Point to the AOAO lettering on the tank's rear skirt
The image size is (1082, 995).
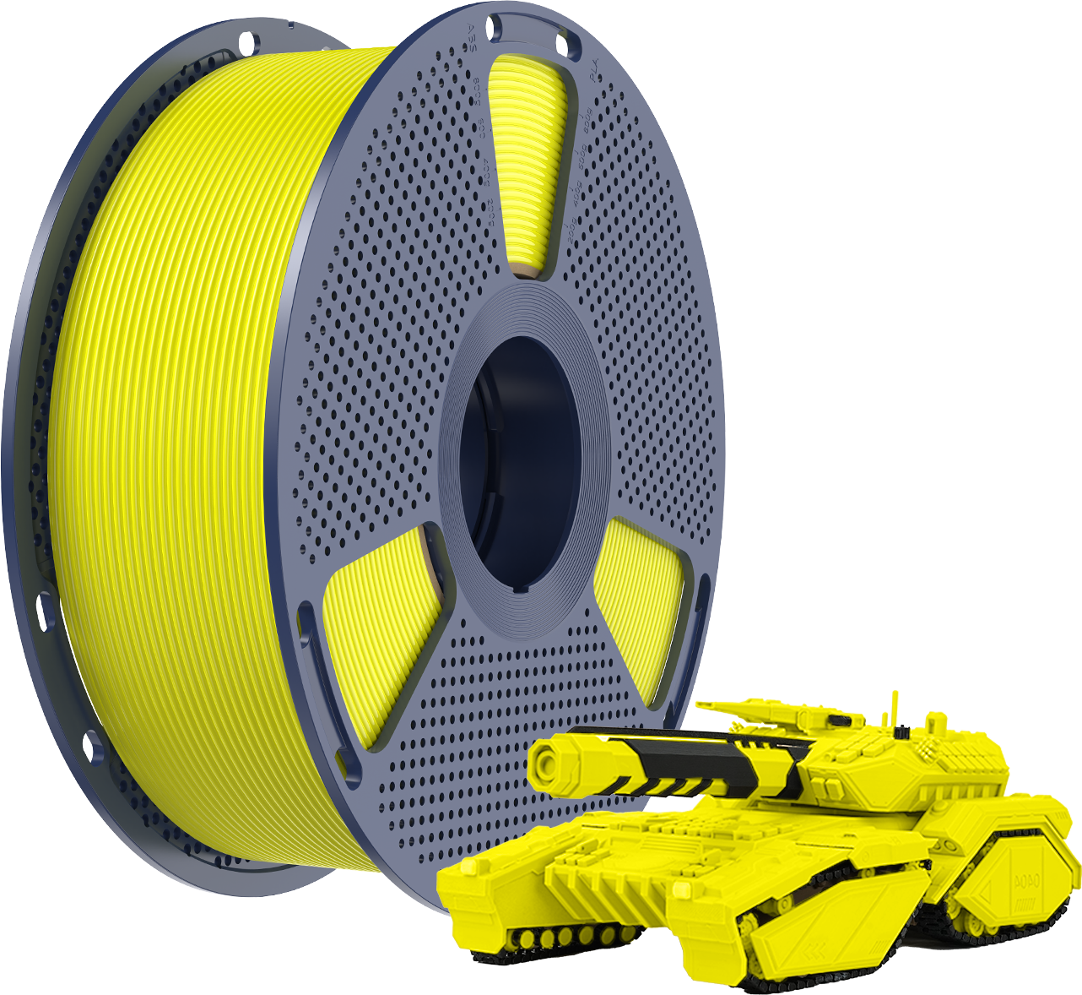[1027, 878]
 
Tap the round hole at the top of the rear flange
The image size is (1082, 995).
[246, 40]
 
